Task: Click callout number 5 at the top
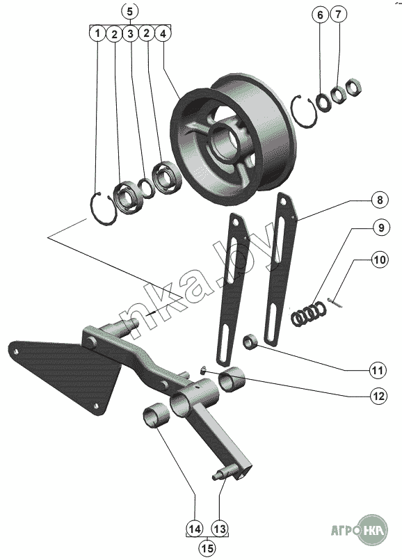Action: point(129,11)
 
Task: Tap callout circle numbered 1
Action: point(97,33)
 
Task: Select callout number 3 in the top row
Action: point(130,33)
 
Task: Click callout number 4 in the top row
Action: point(163,33)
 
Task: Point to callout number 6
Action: point(320,15)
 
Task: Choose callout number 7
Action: point(339,14)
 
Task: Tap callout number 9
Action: point(381,227)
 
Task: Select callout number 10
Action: point(380,259)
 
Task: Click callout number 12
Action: point(378,396)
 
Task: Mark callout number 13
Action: point(220,529)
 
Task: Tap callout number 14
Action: point(195,529)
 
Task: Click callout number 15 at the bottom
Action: point(207,548)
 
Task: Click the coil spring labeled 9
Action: point(309,313)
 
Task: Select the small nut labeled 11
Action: point(250,342)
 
